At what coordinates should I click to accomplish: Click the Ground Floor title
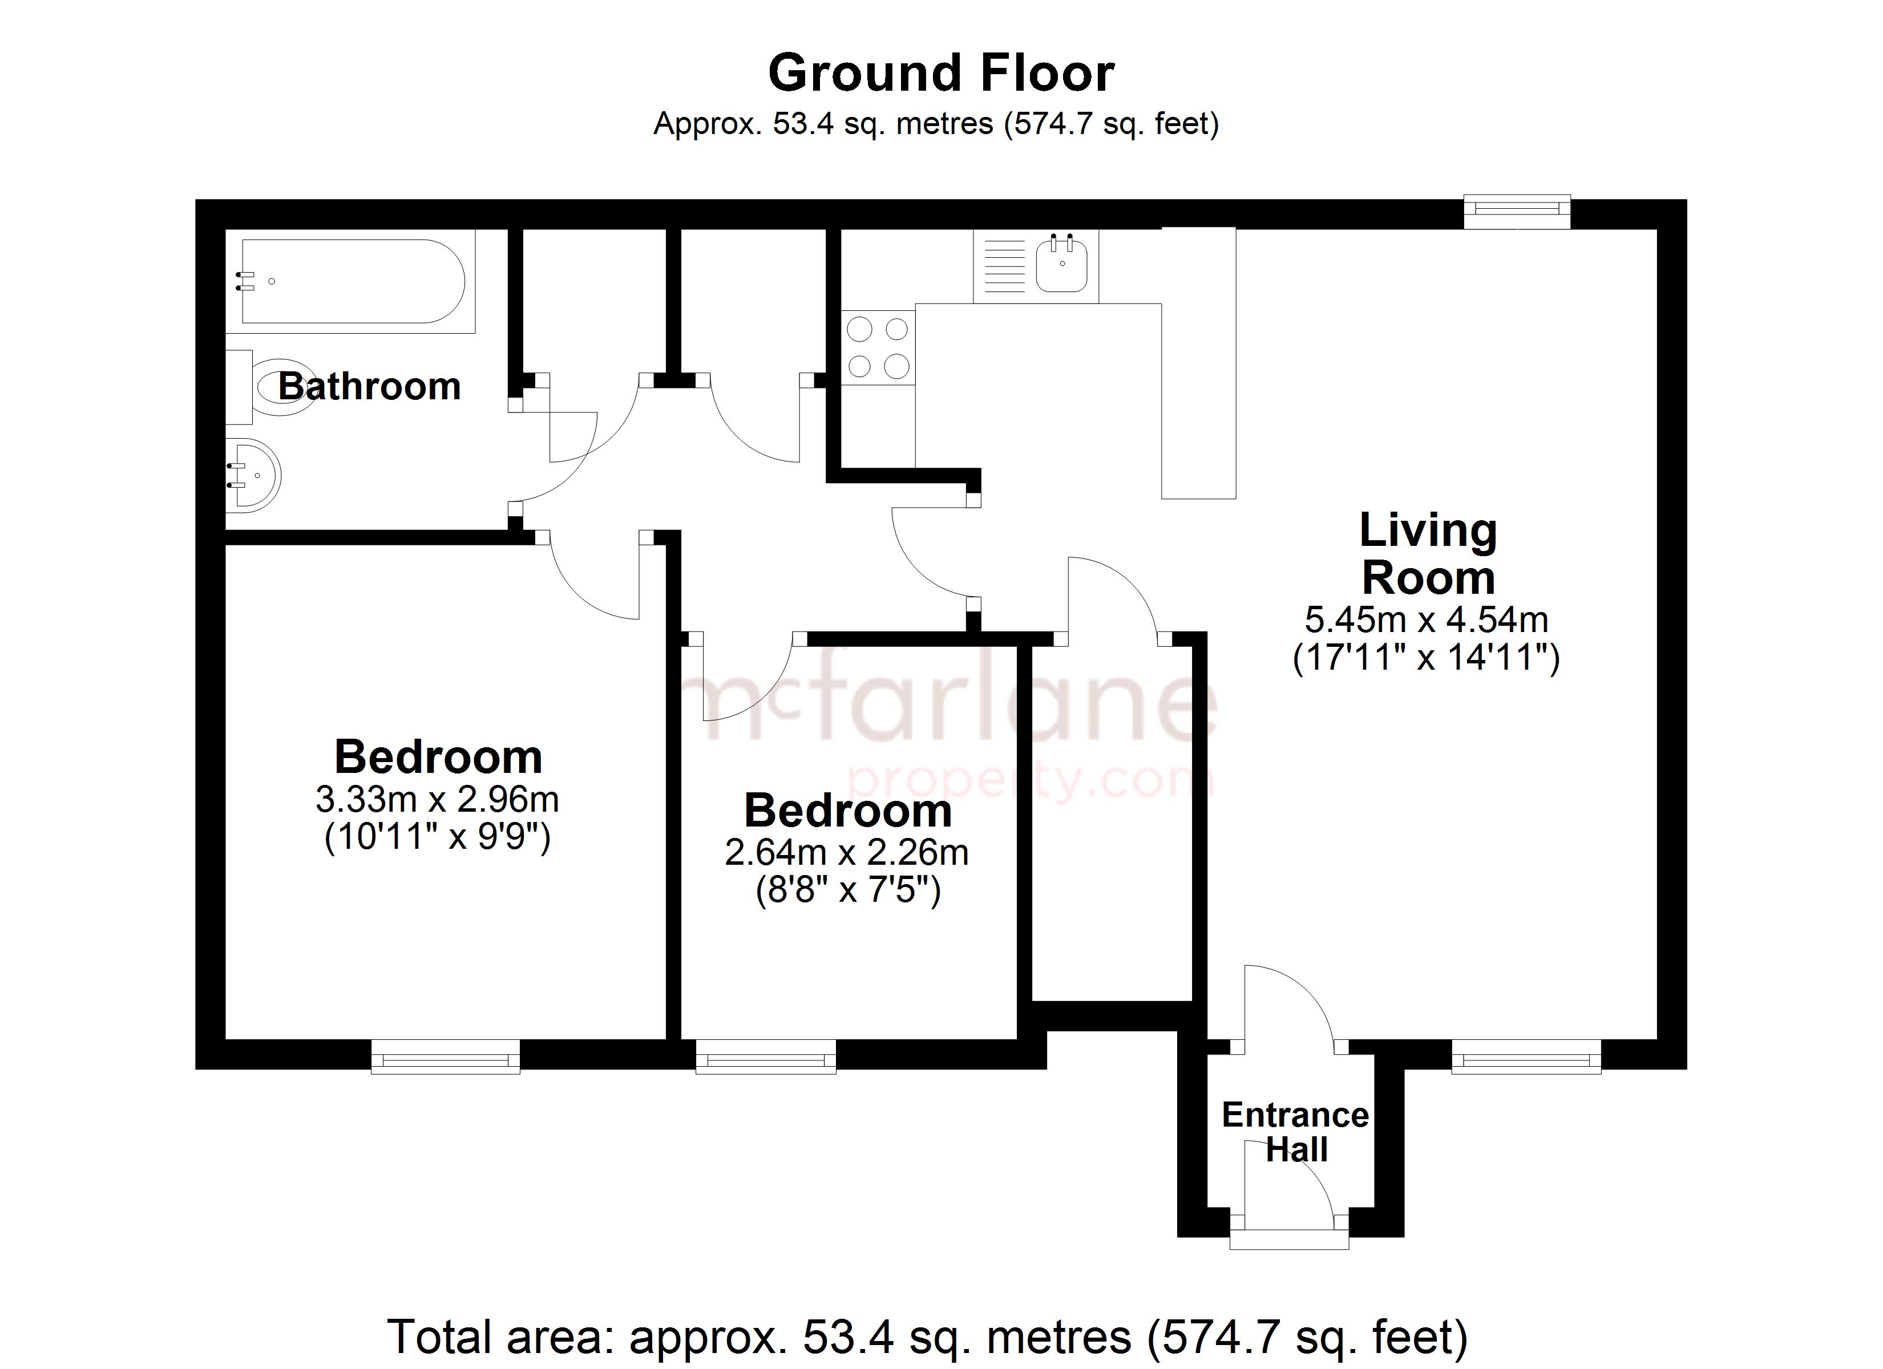point(941,73)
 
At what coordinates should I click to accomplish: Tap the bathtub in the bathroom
point(350,281)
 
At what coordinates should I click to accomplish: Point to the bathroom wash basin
point(254,475)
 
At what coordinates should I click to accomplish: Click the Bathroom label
point(369,386)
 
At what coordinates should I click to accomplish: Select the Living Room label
point(1428,554)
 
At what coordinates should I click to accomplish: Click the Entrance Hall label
point(1295,1132)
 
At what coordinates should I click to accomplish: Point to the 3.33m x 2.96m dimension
point(438,800)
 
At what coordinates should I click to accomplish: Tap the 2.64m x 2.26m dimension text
point(847,853)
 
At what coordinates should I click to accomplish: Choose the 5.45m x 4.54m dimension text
point(1427,619)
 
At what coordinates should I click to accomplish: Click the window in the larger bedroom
point(446,1057)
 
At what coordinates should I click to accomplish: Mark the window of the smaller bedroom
point(766,1057)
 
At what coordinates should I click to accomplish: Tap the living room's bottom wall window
point(1526,1057)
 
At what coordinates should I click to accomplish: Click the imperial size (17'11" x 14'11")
point(1427,658)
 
